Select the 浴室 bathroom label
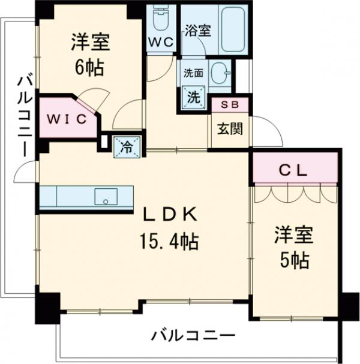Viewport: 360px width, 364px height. pos(197,31)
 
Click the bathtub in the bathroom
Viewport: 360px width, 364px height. pos(233,30)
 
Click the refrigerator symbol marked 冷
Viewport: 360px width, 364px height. pos(128,146)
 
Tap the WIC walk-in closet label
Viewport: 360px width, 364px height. pos(68,118)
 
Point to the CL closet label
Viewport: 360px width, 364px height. pos(293,170)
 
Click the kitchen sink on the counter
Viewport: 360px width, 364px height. pos(107,195)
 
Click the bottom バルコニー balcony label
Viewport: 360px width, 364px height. pos(193,335)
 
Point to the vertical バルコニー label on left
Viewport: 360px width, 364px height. pos(25,114)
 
